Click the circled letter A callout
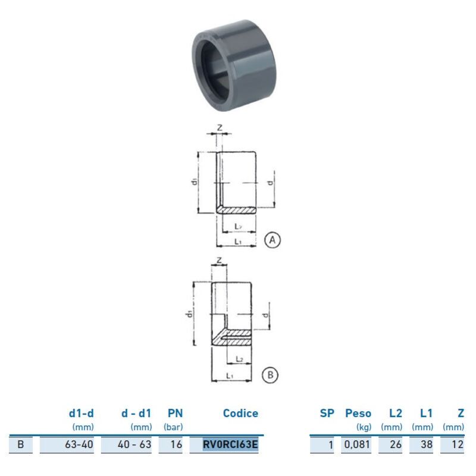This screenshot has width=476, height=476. [272, 240]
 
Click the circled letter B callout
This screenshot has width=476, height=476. [270, 375]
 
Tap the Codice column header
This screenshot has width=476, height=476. [240, 414]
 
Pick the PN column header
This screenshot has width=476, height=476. [173, 414]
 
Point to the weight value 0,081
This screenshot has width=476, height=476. [358, 444]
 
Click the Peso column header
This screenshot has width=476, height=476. [358, 414]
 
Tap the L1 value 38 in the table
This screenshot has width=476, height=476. [426, 444]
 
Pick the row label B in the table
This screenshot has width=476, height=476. [21, 444]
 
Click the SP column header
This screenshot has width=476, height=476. [327, 414]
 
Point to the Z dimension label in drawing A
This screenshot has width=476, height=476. [220, 127]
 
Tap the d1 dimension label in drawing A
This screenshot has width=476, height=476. [195, 181]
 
